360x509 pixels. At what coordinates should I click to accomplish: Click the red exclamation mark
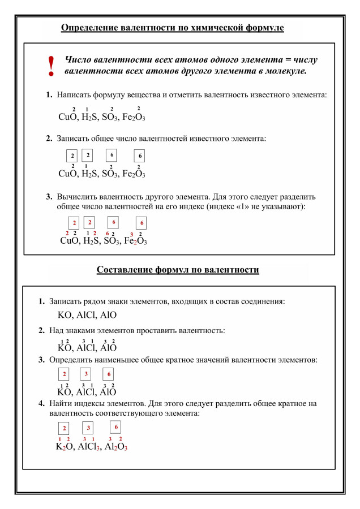52,66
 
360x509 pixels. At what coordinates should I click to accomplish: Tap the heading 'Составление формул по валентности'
178,270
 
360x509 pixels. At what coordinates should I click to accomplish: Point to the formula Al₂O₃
116,446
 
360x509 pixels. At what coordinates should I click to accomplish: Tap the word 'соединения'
264,302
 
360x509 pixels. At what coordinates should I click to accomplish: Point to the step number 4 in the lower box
41,404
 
